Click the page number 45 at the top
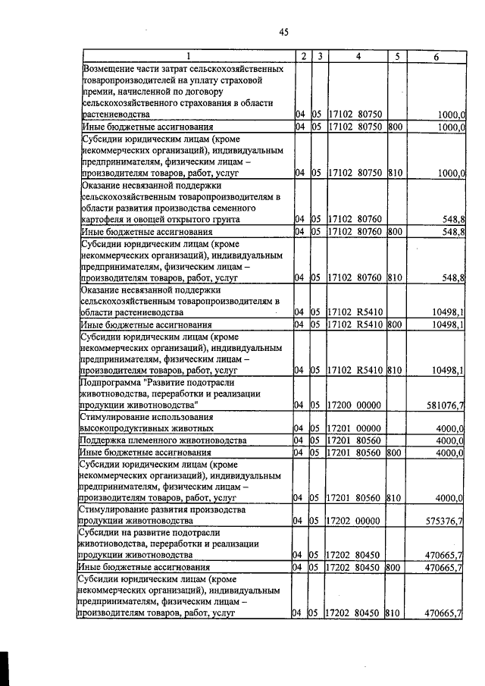click(x=283, y=32)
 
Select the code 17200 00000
click(x=358, y=406)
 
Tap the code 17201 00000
click(x=358, y=428)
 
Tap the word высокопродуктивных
click(x=123, y=428)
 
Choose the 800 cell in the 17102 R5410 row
click(x=394, y=324)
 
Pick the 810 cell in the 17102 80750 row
click(x=394, y=173)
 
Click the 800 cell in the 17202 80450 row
click(x=394, y=567)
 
